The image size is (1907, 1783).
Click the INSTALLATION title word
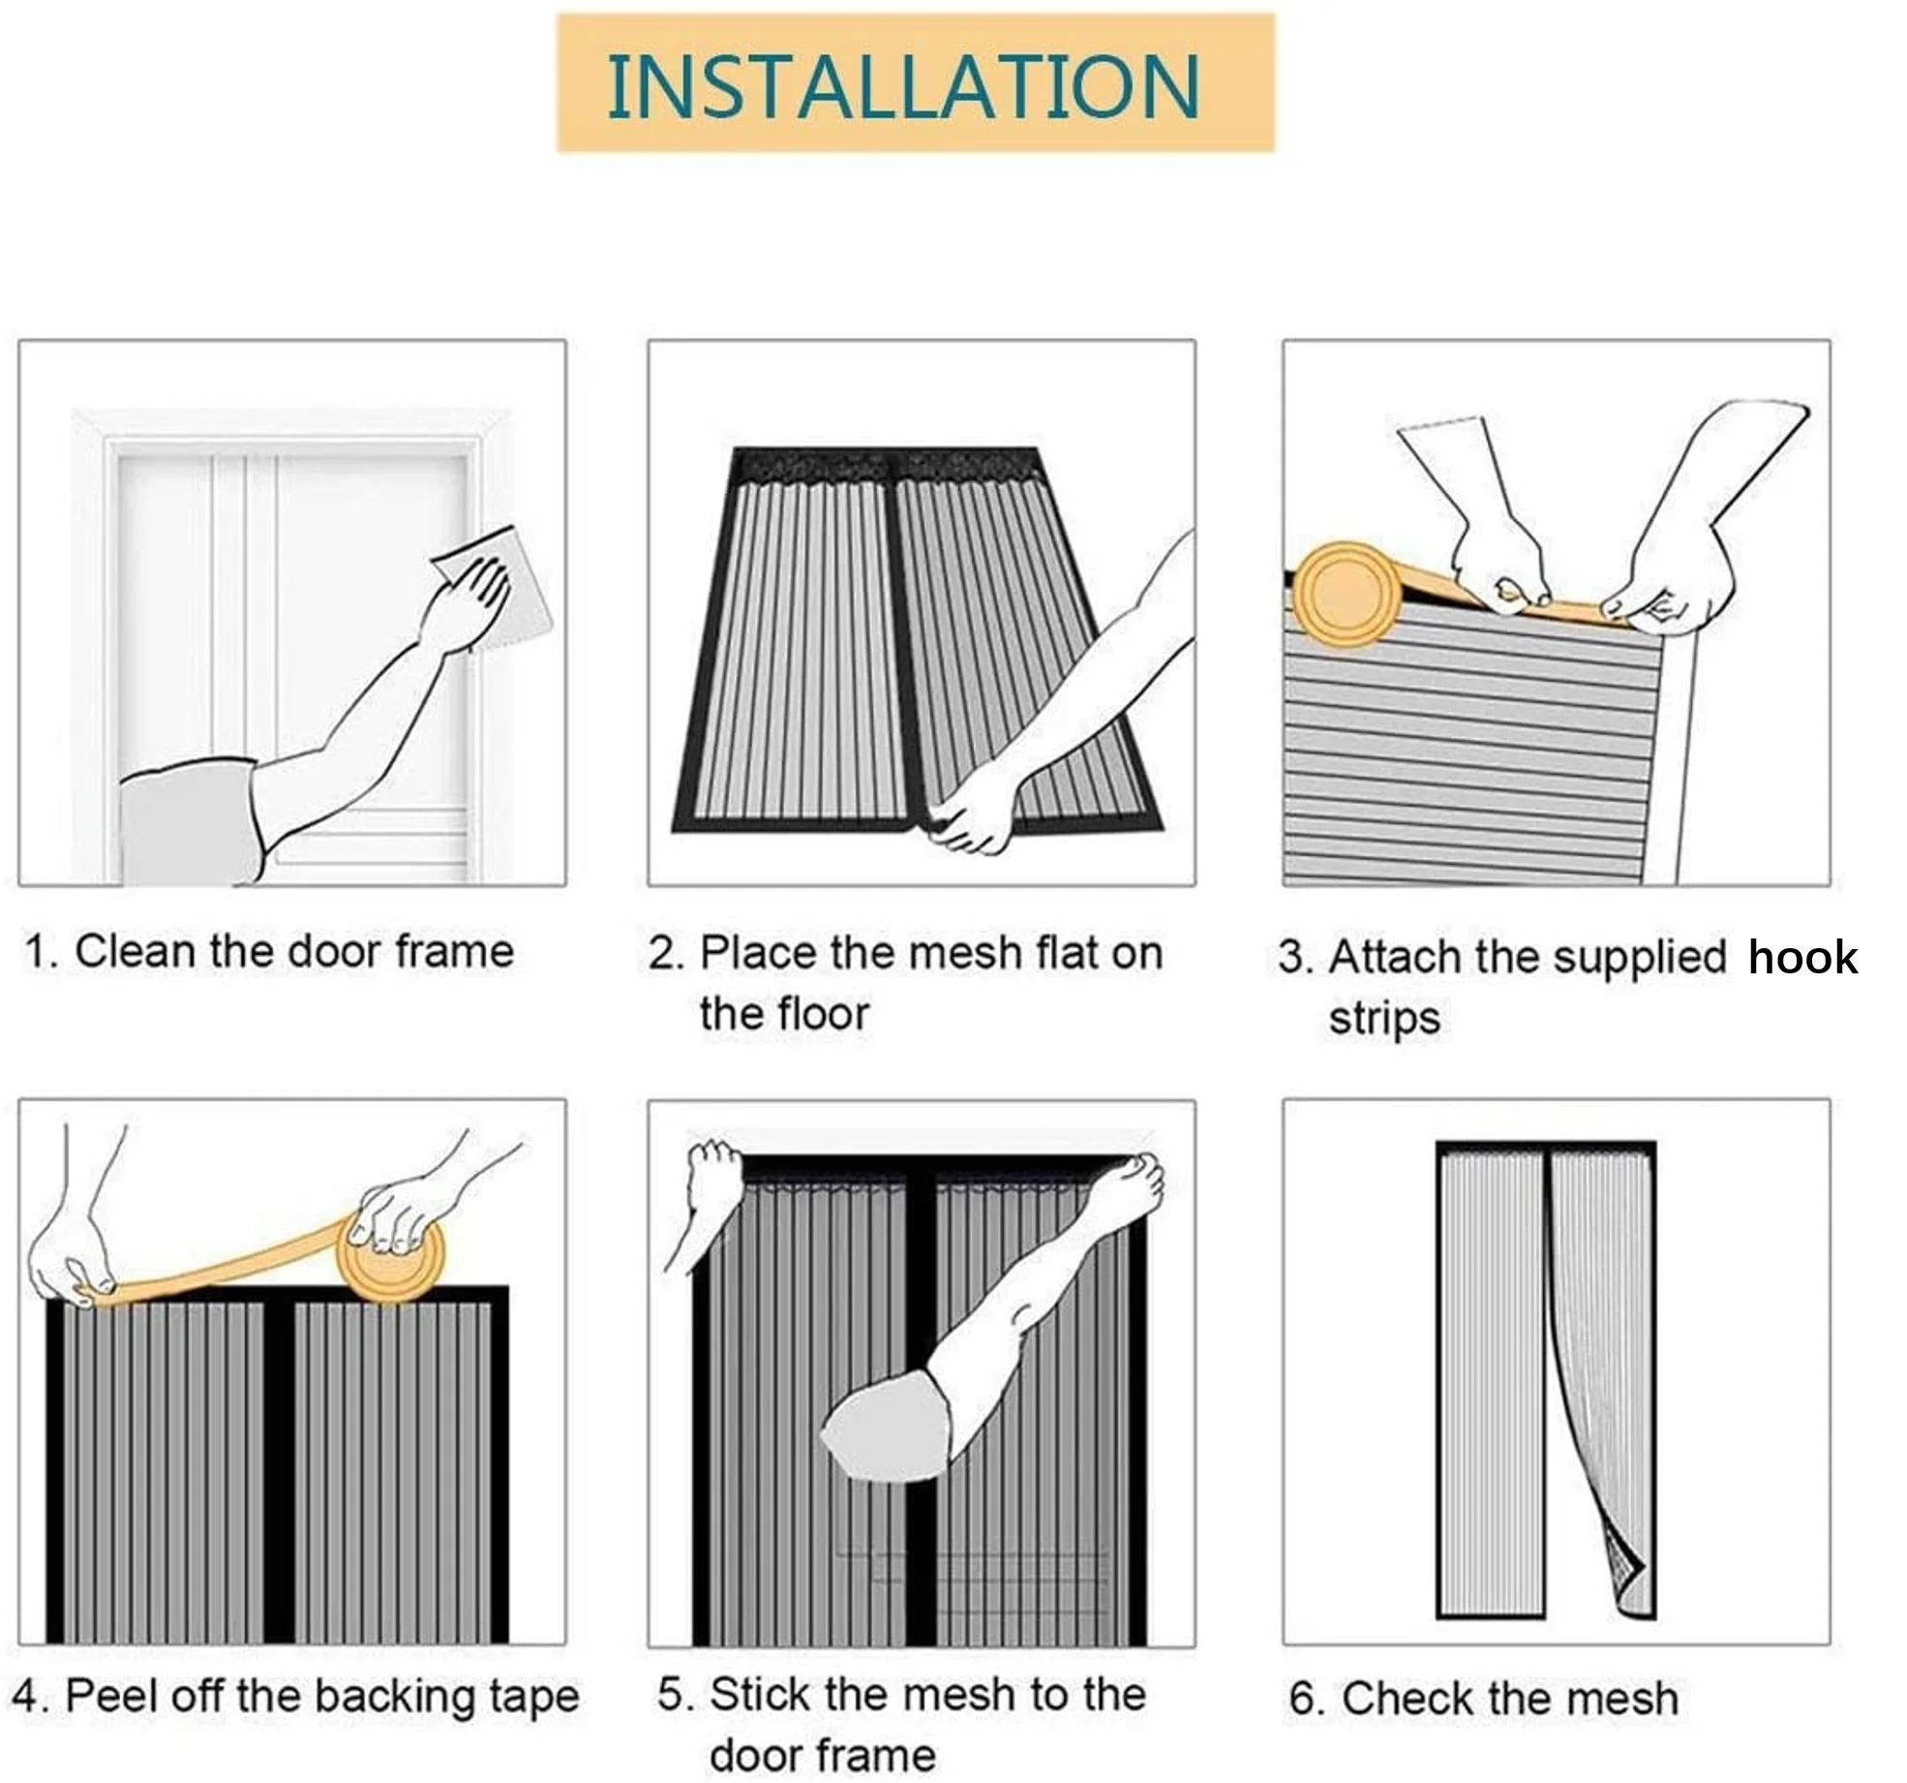(902, 87)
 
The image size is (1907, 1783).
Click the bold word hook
(1802, 958)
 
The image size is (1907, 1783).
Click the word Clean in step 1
(136, 951)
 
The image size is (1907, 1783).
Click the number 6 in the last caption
(1302, 1700)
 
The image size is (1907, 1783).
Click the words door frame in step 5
(823, 1756)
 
